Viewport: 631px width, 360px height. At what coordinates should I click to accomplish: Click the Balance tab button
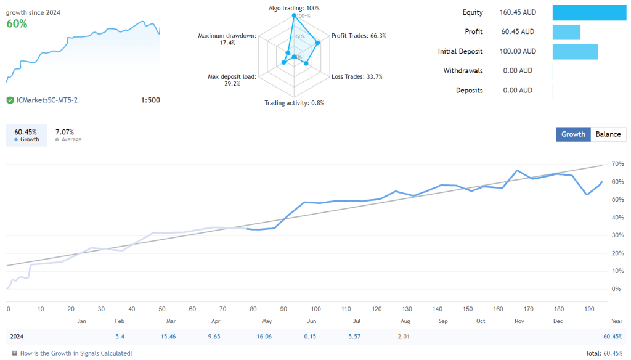coord(608,134)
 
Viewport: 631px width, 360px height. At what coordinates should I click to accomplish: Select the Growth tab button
coord(573,134)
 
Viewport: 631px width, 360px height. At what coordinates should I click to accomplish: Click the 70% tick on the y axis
coord(616,164)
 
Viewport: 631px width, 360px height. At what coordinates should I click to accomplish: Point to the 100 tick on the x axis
coord(315,309)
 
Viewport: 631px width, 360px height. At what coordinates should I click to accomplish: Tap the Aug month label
coord(404,321)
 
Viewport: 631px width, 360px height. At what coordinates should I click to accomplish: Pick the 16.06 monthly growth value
coord(264,337)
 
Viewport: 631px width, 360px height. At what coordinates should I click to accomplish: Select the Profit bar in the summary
coord(566,32)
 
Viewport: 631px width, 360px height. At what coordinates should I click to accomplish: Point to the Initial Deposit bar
coord(575,52)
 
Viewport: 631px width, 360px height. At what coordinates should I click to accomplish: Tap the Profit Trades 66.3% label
coord(359,36)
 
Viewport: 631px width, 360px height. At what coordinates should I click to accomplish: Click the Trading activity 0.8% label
coord(294,103)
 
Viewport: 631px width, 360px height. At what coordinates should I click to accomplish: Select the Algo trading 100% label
coord(294,8)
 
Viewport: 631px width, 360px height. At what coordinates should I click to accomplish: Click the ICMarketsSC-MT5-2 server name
coord(47,100)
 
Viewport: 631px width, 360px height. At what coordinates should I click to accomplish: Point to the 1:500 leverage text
coord(150,100)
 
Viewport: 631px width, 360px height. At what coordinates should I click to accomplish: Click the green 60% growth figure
coord(17,23)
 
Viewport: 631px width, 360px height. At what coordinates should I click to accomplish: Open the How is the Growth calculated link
coord(76,353)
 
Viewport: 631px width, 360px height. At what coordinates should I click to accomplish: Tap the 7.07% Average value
coord(65,132)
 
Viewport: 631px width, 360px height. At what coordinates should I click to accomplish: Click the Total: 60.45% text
coord(603,353)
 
